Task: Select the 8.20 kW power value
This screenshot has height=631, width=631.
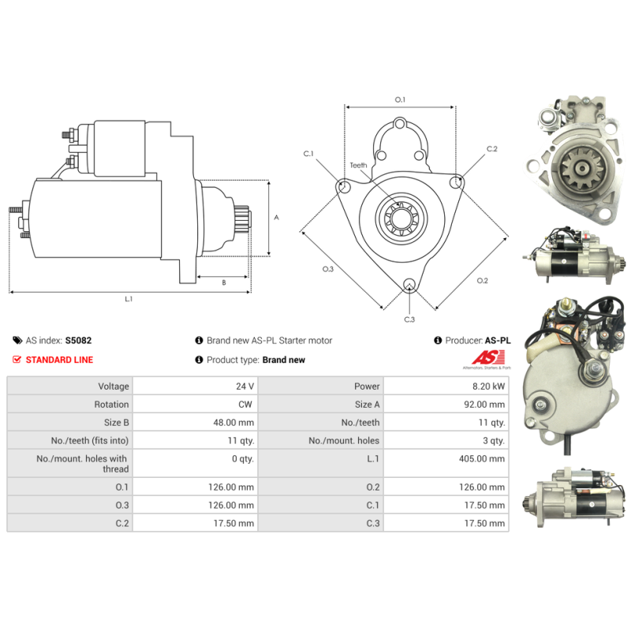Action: (x=490, y=386)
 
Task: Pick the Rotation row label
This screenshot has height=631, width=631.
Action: (x=112, y=405)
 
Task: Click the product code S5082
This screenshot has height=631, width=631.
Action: (x=79, y=341)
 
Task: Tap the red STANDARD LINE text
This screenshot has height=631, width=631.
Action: (x=59, y=360)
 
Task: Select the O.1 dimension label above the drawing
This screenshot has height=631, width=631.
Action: (x=400, y=99)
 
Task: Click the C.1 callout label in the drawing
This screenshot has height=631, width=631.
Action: (x=308, y=153)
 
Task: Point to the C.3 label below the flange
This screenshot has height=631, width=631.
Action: (x=409, y=319)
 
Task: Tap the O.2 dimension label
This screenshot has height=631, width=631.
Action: (x=483, y=281)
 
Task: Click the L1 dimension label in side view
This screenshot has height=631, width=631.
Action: (x=129, y=299)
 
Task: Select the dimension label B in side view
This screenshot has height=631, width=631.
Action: (x=224, y=282)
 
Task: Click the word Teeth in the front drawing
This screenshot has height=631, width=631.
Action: (x=359, y=165)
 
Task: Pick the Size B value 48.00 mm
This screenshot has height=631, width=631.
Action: (x=235, y=423)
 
